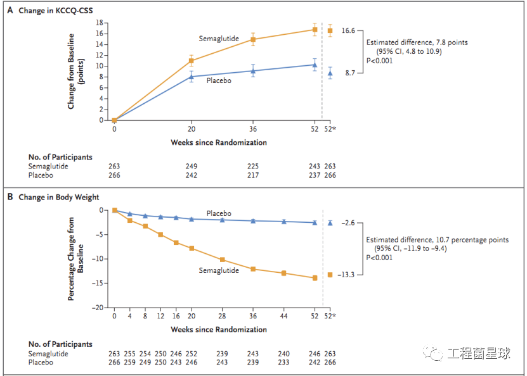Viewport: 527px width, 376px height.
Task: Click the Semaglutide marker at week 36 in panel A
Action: [x=253, y=39]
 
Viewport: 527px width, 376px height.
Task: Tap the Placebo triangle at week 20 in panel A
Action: [x=192, y=76]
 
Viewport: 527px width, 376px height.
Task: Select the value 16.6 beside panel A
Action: [x=349, y=30]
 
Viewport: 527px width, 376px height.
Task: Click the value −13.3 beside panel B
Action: [x=348, y=275]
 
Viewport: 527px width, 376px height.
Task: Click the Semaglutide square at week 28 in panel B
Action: [x=222, y=260]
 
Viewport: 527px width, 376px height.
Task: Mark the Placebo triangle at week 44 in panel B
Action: [x=283, y=222]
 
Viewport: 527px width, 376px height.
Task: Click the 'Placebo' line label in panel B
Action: [x=219, y=213]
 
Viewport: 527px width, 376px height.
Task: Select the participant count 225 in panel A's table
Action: [x=253, y=166]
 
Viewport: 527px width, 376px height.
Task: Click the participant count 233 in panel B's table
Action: [x=283, y=362]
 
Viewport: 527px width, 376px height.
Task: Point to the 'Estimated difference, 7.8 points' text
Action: [x=417, y=42]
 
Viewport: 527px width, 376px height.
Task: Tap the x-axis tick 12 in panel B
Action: [x=160, y=316]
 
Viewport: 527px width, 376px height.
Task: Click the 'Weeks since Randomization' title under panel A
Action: [x=219, y=142]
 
